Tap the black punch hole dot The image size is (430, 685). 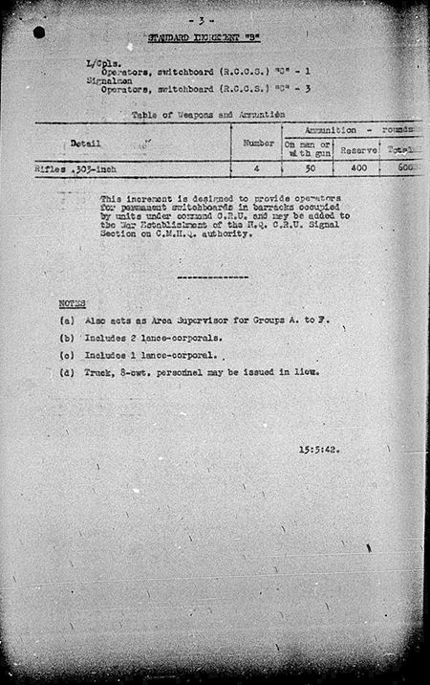(x=38, y=32)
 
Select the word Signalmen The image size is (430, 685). (x=104, y=82)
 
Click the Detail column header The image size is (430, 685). (x=84, y=143)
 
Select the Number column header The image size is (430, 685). (x=259, y=143)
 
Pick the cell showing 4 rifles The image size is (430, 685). (x=258, y=168)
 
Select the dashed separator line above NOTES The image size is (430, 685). (x=213, y=276)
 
